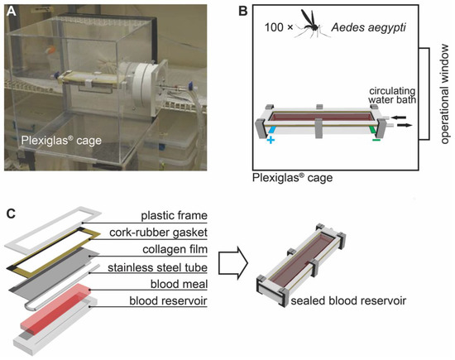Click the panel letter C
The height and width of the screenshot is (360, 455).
click(x=10, y=212)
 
